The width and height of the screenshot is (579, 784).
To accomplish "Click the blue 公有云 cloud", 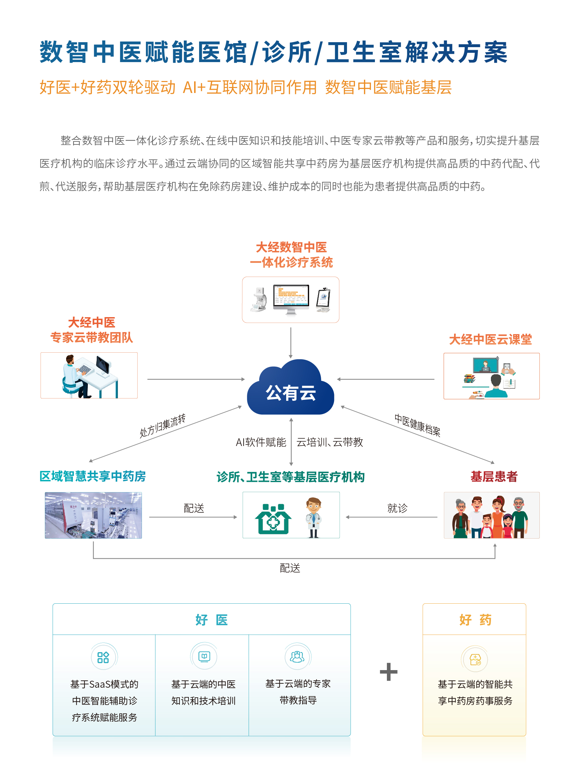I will coord(290,389).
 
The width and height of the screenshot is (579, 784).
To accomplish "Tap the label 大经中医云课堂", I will coord(490,339).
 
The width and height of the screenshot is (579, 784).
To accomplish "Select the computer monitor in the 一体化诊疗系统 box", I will coord(291,299).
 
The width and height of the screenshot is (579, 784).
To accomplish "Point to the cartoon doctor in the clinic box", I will coord(313,517).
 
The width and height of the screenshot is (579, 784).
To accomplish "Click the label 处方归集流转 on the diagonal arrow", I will coord(162,425).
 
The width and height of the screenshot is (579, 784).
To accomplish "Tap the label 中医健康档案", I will coord(417,425).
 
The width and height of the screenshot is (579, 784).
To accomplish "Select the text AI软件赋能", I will coord(261,442).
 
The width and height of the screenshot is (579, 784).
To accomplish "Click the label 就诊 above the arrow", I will coord(397,508).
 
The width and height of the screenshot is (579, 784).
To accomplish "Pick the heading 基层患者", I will coord(494,476).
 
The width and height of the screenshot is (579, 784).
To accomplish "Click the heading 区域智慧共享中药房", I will coord(93,476).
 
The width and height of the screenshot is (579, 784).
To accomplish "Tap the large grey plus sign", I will coord(389,672).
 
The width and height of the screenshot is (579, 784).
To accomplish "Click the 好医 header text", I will coord(212,620).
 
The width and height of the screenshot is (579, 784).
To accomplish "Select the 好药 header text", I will coord(475,620).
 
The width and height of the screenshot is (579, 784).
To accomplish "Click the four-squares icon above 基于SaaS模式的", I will coord(103,657).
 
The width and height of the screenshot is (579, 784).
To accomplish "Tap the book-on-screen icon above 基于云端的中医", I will coord(204,656).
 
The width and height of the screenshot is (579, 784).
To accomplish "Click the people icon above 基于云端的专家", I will coord(297,656).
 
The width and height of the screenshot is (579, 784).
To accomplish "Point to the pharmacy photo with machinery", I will coord(93,515).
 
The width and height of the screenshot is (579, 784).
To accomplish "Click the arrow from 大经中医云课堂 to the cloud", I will coord(386,379).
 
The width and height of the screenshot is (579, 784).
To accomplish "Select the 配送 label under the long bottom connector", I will coord(290,568).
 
